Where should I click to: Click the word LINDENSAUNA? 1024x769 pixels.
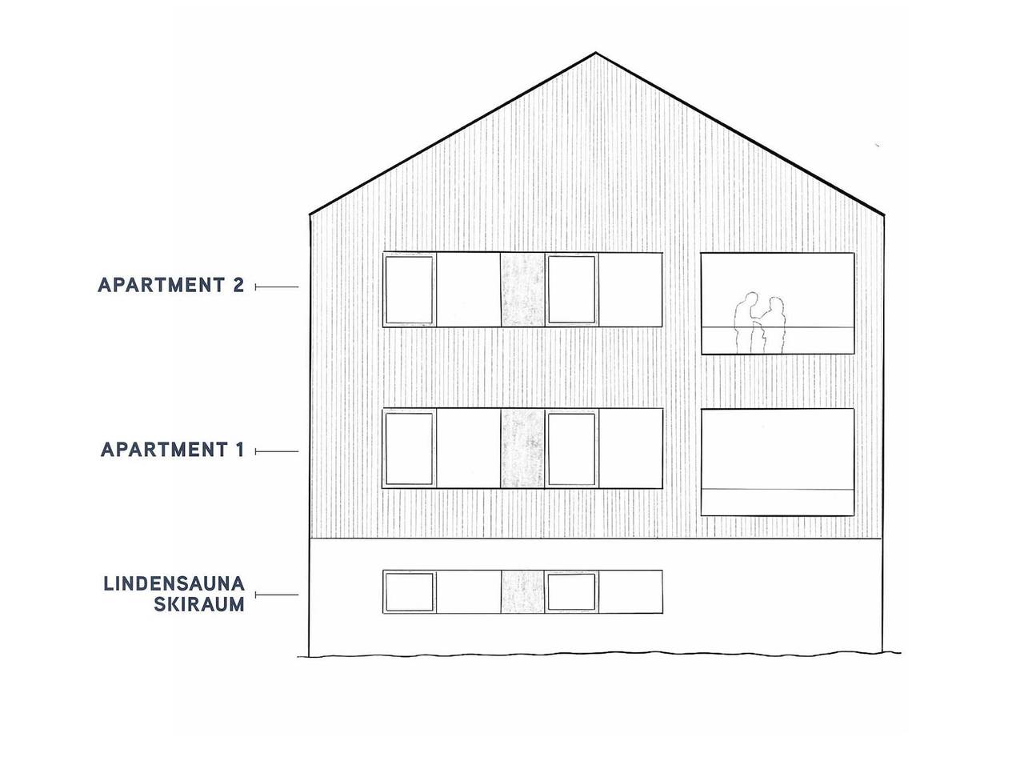174,583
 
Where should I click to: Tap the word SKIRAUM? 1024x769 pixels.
199,604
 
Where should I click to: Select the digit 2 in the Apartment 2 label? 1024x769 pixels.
238,285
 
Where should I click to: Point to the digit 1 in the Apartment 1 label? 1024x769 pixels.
240,450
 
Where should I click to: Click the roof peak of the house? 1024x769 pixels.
596,53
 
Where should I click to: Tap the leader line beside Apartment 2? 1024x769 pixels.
277,287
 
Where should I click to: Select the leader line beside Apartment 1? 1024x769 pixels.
277,451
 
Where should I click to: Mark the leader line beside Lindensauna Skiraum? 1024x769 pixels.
277,595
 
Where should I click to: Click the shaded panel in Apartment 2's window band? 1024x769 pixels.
522,290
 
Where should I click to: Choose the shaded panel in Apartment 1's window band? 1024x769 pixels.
522,448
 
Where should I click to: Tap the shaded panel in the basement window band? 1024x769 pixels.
522,591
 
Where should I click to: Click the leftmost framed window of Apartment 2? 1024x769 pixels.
409,290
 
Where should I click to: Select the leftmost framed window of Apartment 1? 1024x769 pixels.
409,448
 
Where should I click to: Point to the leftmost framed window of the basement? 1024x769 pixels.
409,591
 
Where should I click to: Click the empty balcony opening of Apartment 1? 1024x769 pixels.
778,463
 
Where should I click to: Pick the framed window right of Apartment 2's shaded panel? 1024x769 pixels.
571,290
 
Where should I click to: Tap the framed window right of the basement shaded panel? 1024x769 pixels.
571,591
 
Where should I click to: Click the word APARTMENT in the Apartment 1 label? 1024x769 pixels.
165,450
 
